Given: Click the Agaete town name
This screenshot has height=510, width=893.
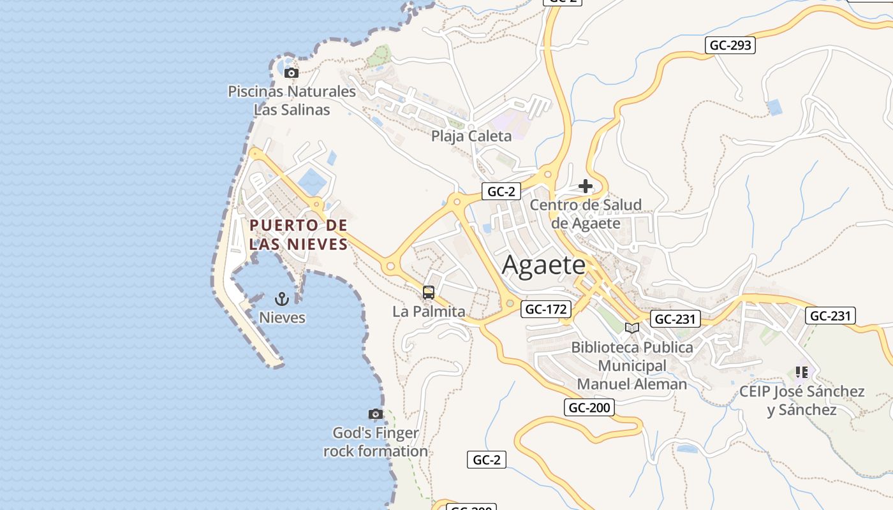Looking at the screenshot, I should click(x=543, y=265).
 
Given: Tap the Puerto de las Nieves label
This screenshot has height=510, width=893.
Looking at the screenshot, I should click(x=299, y=234).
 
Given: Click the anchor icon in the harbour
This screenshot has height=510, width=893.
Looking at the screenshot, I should click(x=281, y=298).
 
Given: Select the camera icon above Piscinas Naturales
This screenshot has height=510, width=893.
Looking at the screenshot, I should click(x=291, y=73).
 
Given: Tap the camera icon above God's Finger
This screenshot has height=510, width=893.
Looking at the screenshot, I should click(x=376, y=414).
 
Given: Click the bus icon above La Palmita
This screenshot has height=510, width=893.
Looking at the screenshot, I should click(x=429, y=293).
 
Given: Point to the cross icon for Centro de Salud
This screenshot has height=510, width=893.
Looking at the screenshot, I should click(x=586, y=186).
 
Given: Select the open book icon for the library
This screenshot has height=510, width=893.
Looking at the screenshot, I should click(x=631, y=328).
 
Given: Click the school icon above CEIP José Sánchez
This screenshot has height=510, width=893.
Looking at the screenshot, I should click(x=802, y=372).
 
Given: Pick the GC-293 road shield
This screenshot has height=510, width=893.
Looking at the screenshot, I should click(x=730, y=45).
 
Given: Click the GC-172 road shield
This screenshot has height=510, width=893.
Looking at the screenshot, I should click(x=546, y=310).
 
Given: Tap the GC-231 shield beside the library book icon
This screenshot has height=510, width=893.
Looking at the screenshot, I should click(x=675, y=319).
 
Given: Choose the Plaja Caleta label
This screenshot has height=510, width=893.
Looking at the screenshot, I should click(x=471, y=136).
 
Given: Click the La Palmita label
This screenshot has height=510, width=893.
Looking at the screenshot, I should click(x=429, y=312).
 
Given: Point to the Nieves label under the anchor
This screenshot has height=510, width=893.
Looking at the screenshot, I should click(x=282, y=317).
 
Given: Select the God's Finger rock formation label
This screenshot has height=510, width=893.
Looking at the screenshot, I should click(x=376, y=442).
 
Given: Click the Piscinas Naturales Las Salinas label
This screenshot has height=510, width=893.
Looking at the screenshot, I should click(x=292, y=100).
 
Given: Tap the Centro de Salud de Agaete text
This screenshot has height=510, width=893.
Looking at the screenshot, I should click(x=586, y=214).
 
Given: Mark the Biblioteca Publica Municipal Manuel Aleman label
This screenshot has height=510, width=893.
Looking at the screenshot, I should click(x=631, y=365).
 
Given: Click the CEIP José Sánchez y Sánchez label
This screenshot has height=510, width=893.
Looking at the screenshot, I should click(x=802, y=400).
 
